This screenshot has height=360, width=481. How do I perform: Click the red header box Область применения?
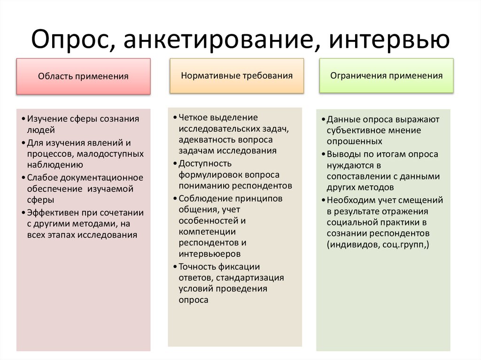click(x=84, y=76)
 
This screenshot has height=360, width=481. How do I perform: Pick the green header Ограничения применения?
click(x=386, y=75)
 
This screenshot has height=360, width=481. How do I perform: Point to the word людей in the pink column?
click(x=41, y=130)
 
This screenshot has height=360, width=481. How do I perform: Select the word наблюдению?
click(x=55, y=164)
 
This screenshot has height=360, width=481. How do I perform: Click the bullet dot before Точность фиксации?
click(x=175, y=267)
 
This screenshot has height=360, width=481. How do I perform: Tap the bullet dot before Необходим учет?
click(x=323, y=200)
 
